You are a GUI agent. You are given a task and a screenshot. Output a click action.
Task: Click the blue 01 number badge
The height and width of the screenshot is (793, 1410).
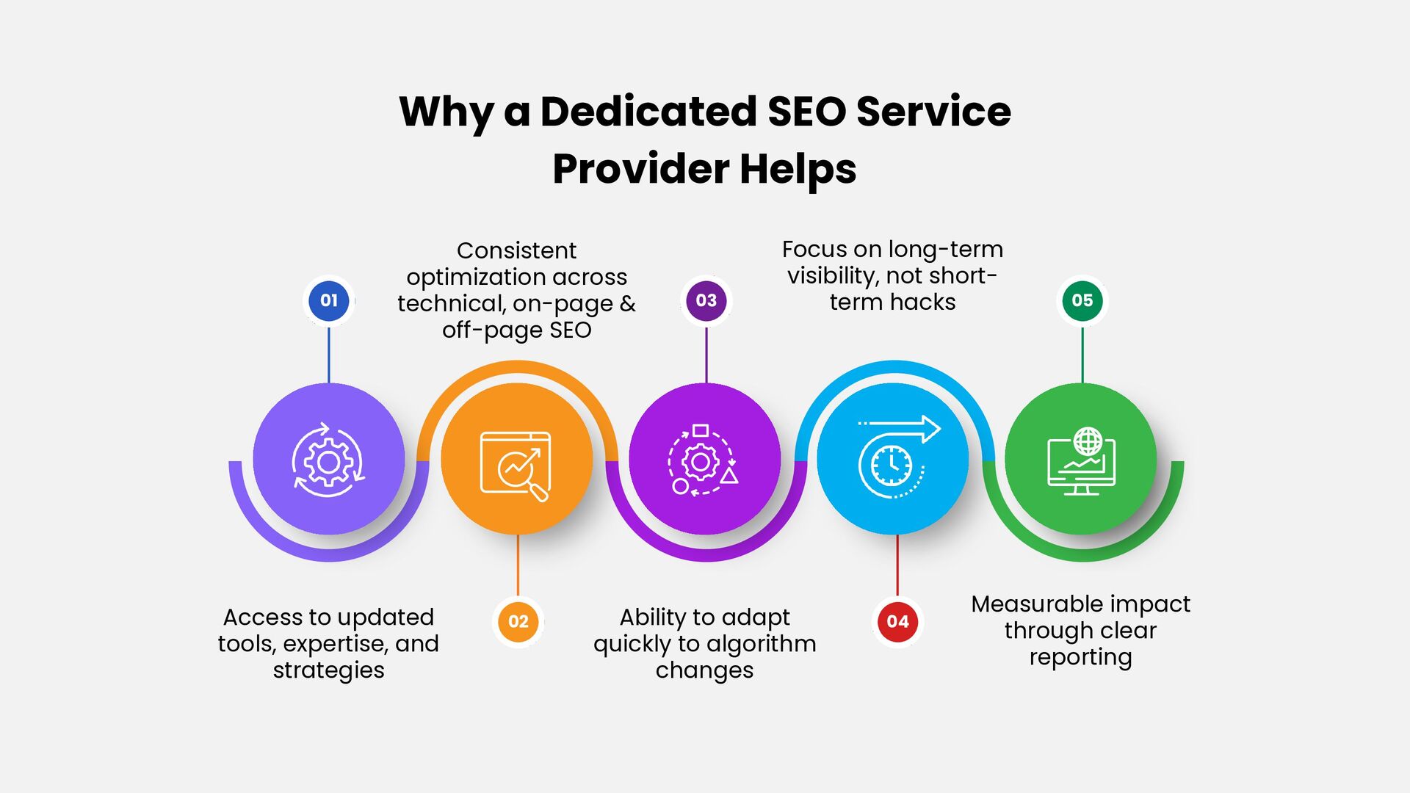pos(328,300)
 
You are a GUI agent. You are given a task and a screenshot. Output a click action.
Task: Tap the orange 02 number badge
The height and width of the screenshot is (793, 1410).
pos(518,621)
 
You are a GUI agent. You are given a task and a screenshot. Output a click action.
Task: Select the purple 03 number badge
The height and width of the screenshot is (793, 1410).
pos(706,300)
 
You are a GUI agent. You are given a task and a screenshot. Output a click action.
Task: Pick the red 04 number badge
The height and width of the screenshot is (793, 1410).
pos(897,621)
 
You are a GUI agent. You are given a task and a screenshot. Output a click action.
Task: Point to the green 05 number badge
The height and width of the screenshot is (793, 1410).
pos(1082,300)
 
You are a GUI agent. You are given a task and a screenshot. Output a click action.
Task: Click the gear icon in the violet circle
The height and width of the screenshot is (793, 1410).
pos(328,460)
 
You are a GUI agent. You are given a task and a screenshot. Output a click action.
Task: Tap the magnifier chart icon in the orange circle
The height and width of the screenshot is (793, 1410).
pos(516,466)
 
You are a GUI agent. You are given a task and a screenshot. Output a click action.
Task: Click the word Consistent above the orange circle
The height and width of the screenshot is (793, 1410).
pos(516,250)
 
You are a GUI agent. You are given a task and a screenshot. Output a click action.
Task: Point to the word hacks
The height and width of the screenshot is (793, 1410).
pos(923,302)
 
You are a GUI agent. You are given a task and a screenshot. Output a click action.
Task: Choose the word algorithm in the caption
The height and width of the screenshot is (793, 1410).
pos(761,644)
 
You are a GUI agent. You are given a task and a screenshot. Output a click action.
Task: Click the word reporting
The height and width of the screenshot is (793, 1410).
pos(1080,657)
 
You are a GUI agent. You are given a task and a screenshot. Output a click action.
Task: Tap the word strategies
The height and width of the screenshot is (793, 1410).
pos(328,670)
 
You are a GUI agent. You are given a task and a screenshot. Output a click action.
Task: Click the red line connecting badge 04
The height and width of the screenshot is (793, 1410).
pos(897,565)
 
